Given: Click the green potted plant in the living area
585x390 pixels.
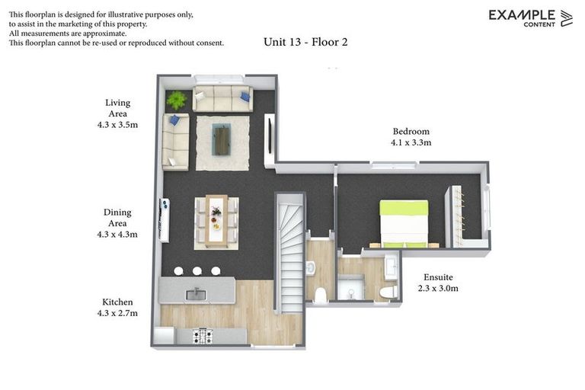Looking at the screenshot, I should click(x=177, y=100).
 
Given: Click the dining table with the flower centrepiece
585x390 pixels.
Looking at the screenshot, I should click(x=216, y=222).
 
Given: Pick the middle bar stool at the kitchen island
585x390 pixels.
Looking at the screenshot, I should click(x=197, y=270).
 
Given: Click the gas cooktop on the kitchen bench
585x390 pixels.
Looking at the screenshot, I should click(x=203, y=335).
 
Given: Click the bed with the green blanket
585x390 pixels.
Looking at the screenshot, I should click(x=405, y=223).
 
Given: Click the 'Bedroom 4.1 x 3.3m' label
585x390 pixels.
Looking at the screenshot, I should click(x=411, y=136).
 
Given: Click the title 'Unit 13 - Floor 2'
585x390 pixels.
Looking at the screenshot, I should click(x=305, y=43).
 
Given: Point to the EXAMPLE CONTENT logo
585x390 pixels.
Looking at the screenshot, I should click(x=530, y=18).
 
